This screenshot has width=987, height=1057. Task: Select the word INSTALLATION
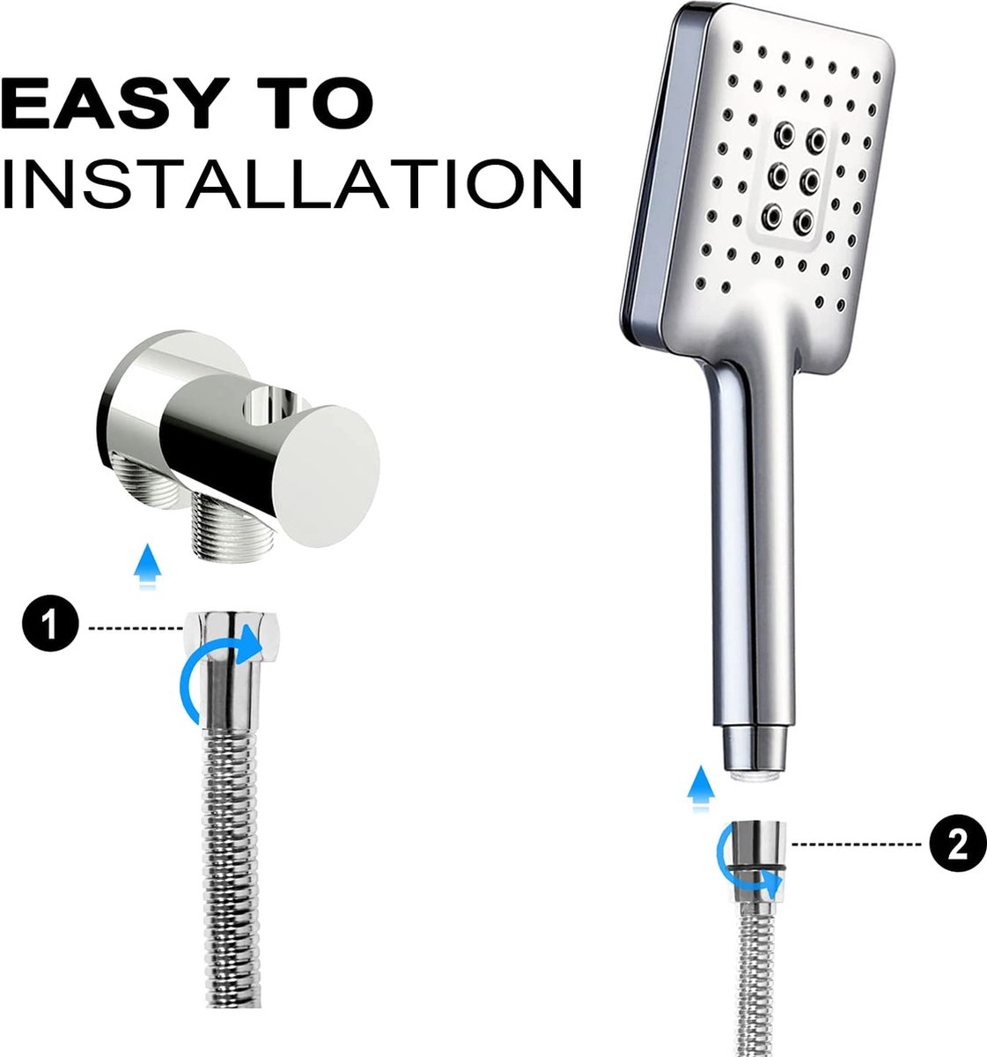tap(291, 183)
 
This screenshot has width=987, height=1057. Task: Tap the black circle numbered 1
tap(50, 623)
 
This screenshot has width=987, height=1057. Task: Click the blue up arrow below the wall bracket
tap(147, 565)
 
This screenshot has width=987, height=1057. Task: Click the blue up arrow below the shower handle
tap(701, 787)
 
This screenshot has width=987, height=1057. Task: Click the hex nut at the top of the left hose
tap(232, 637)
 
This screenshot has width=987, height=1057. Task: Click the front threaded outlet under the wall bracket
tap(234, 527)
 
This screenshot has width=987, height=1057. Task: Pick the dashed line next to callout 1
tap(136, 629)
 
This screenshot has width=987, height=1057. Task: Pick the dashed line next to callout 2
tap(858, 845)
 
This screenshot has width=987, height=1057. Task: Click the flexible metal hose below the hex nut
tap(232, 862)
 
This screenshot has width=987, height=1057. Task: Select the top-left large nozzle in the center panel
tap(784, 132)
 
